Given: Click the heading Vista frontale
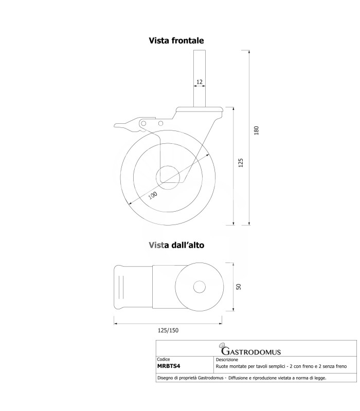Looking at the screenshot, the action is click(x=176, y=41).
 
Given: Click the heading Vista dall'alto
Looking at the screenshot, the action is click(x=176, y=245).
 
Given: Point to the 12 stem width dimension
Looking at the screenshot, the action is click(x=200, y=82).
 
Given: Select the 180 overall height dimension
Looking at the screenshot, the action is click(x=256, y=130).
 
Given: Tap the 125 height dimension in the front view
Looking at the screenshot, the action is click(x=241, y=163).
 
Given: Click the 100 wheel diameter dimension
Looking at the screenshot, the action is click(x=153, y=195).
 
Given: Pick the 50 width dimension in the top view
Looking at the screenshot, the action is click(x=239, y=287).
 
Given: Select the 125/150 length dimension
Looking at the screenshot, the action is click(x=168, y=330).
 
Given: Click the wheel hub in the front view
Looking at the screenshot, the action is click(x=168, y=177).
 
